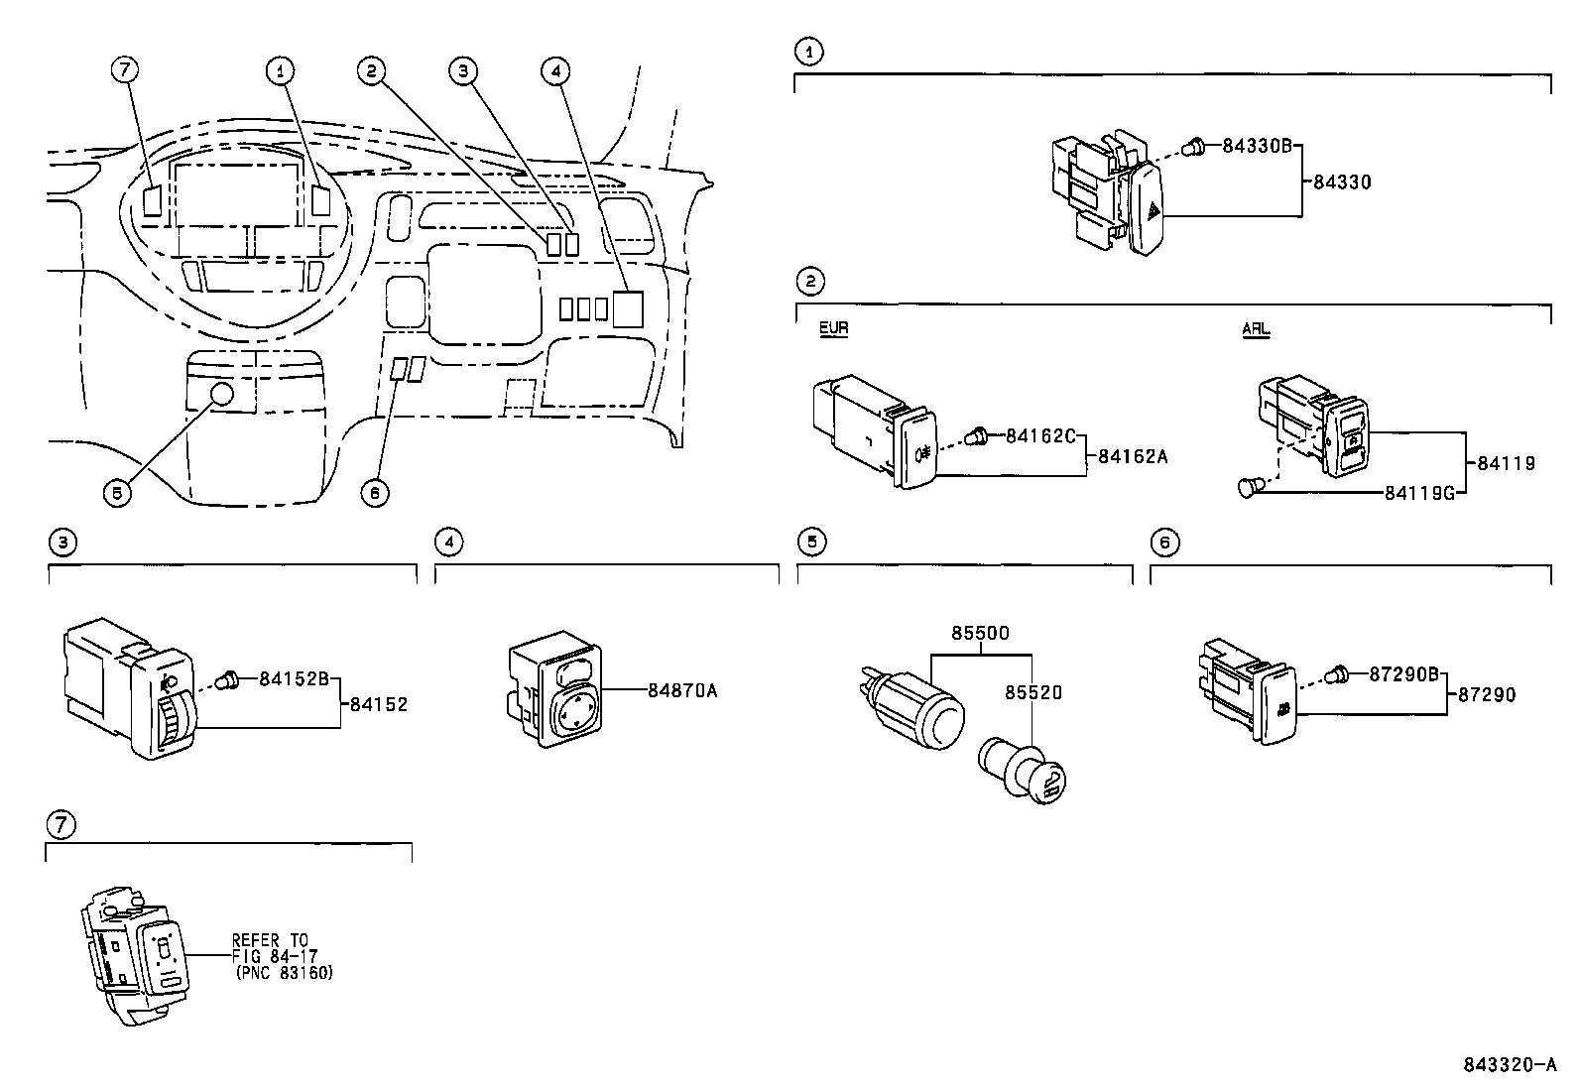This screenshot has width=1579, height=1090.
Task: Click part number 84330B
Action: tap(1256, 146)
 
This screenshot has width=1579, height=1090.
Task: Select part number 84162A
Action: tap(1132, 457)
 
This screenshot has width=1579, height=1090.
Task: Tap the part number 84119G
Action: tap(1418, 492)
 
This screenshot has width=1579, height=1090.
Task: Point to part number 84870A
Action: tap(681, 690)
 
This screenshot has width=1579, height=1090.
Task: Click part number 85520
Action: tap(1032, 693)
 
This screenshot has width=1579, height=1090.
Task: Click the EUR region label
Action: tap(833, 328)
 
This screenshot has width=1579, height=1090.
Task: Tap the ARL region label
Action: tap(1256, 329)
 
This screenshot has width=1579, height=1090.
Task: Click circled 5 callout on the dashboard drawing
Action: tap(117, 492)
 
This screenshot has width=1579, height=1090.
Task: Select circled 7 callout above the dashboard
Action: tap(125, 69)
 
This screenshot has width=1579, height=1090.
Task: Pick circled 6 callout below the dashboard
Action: tap(375, 492)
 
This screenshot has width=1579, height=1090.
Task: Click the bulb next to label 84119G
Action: tap(1252, 487)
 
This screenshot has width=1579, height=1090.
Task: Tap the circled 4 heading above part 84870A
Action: tap(448, 542)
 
